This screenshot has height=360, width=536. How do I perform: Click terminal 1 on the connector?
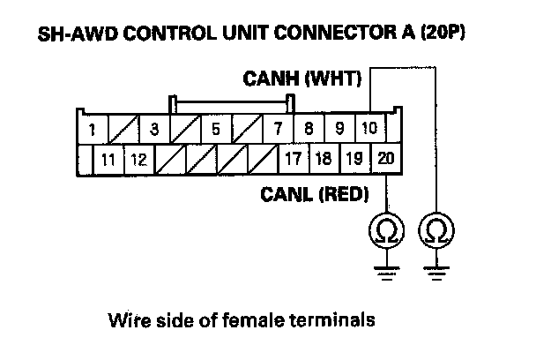pos(93,129)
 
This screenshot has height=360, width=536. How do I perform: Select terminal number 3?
pos(154,129)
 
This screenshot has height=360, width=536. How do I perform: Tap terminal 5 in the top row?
pos(216,129)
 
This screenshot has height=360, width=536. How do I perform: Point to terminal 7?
pos(278,129)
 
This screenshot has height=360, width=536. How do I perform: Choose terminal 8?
pos(309,129)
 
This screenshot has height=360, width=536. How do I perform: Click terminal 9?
pos(339,129)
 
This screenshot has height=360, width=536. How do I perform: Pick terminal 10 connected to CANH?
pos(370,128)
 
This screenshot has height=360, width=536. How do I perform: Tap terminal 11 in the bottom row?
pos(108,160)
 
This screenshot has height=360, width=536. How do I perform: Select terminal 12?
pos(139,160)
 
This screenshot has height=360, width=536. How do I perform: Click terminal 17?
pos(294,159)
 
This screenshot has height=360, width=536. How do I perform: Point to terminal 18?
pos(324,159)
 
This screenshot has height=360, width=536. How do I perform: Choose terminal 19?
pos(354,159)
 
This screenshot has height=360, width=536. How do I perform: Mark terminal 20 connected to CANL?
pos(385,159)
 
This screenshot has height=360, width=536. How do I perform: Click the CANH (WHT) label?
pos(301,79)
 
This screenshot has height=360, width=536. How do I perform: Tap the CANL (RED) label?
pos(315,194)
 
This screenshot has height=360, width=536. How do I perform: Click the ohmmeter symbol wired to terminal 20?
pos(387,230)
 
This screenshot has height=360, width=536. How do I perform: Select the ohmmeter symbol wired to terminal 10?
pos(436,230)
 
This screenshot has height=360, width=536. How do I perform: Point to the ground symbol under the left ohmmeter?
pos(387,274)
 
